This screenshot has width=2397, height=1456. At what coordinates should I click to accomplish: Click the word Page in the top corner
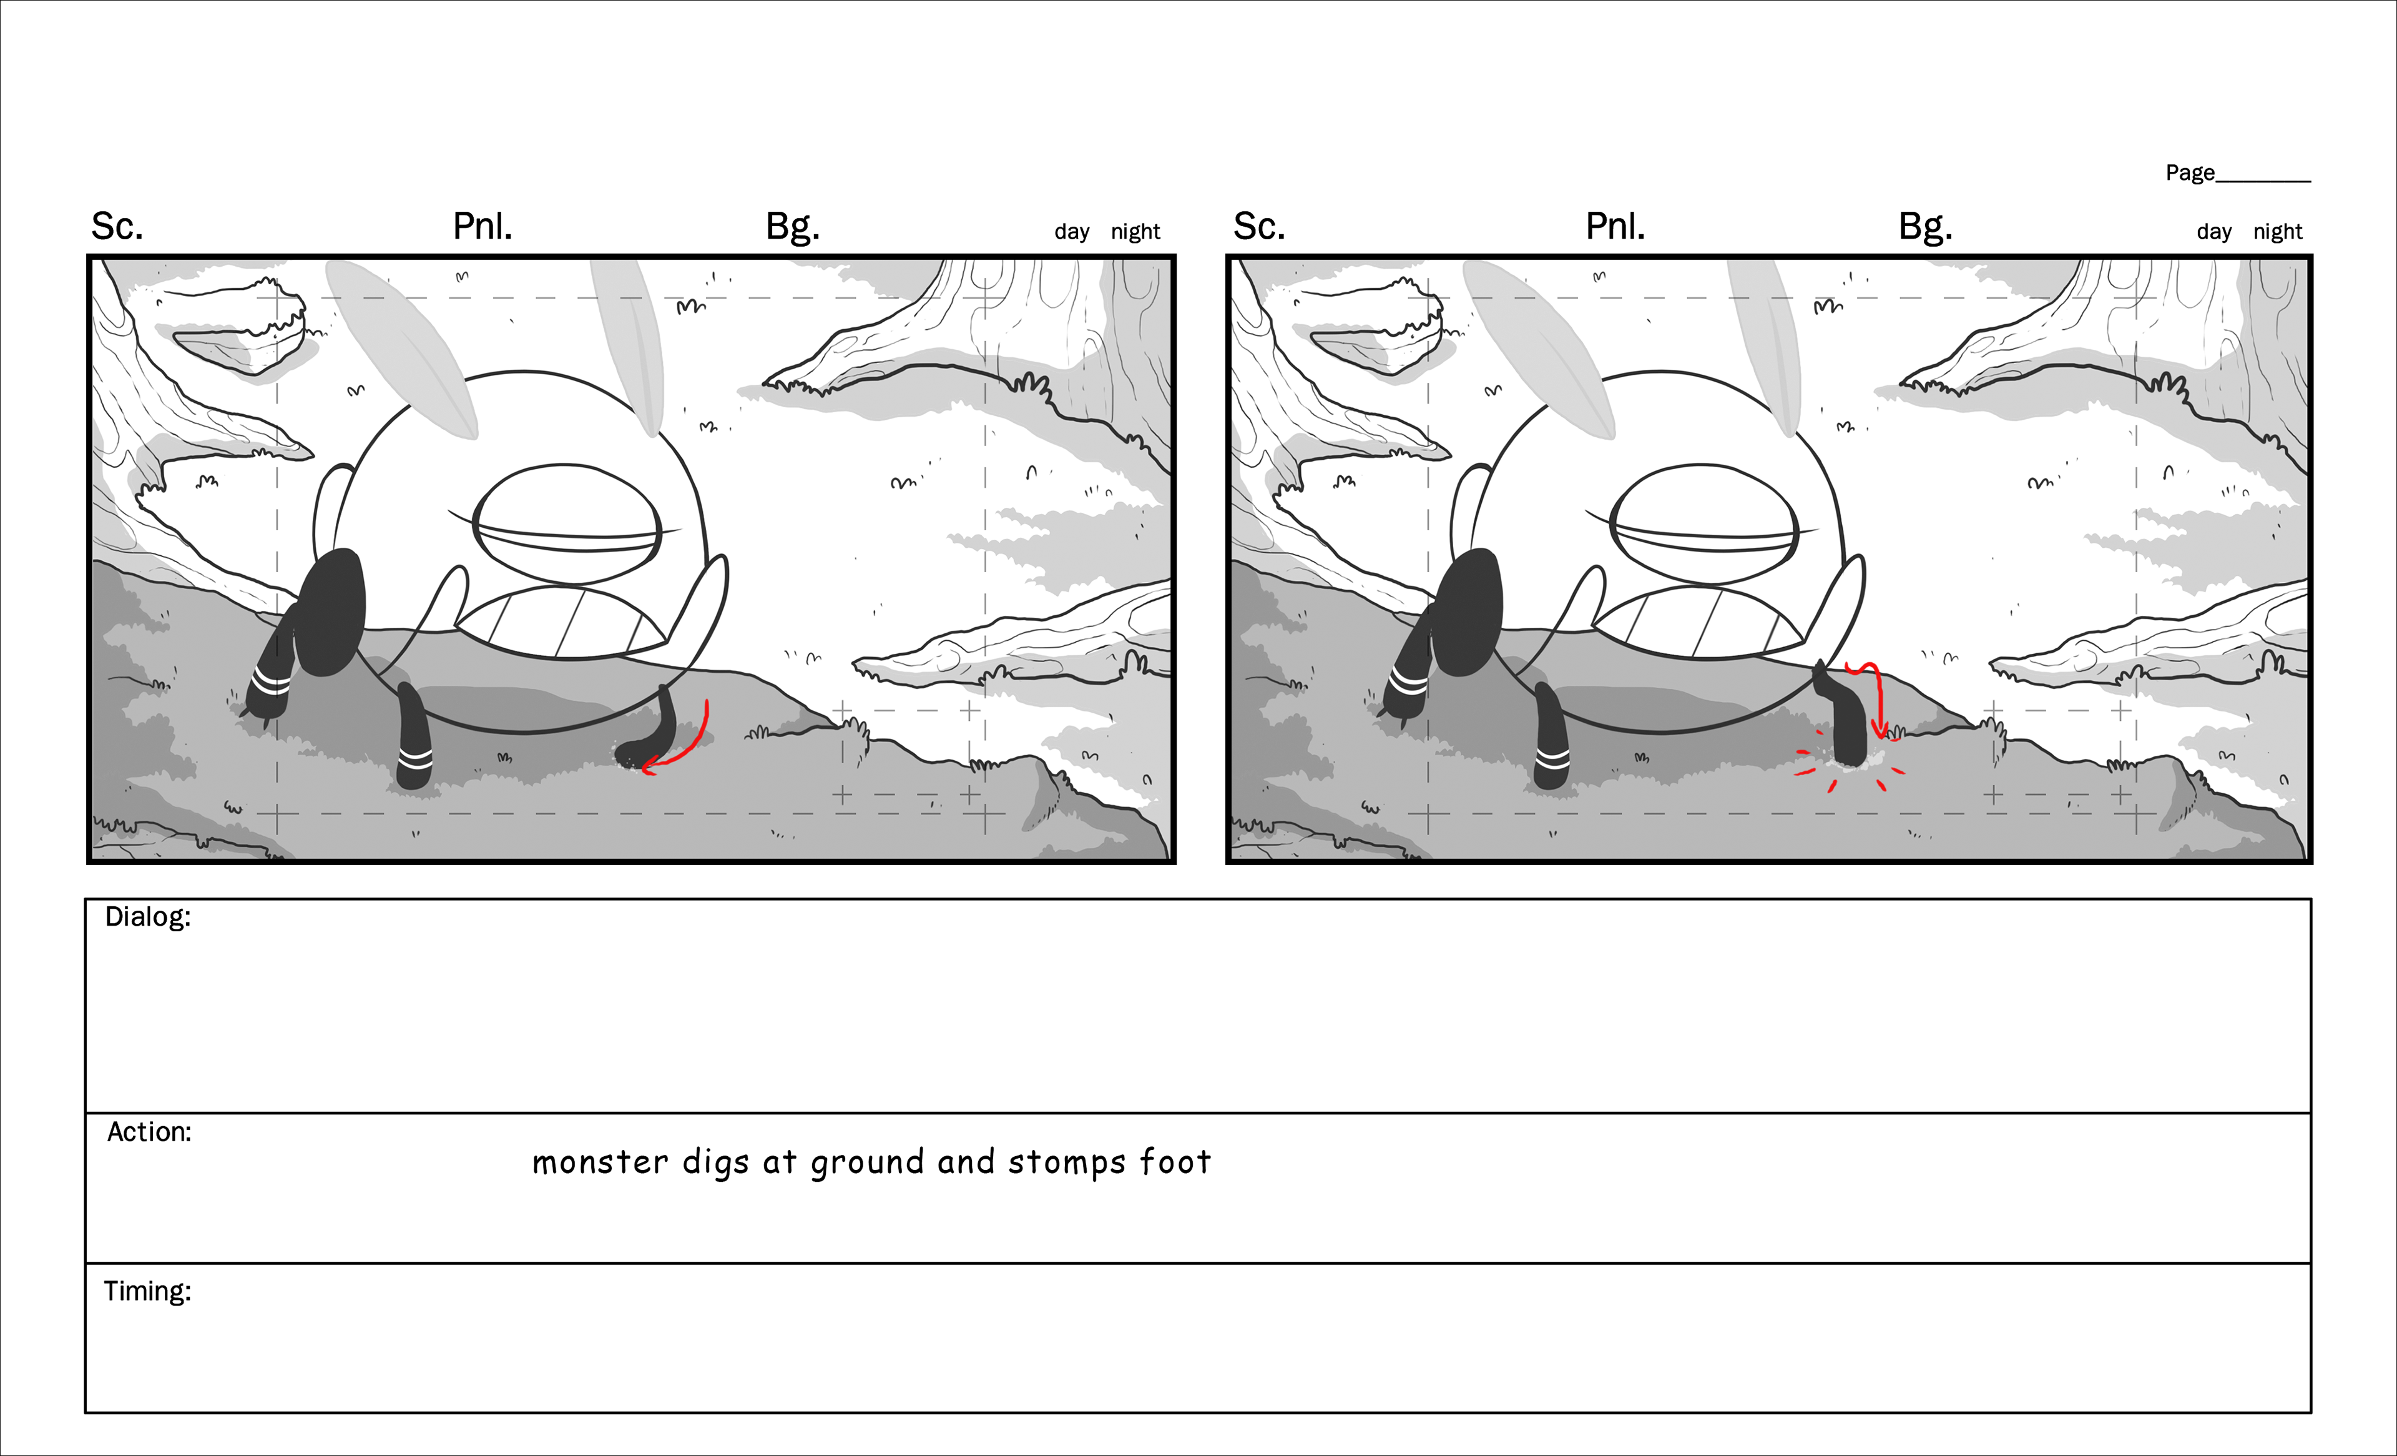pyautogui.click(x=2190, y=173)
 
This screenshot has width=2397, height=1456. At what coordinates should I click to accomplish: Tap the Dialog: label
pyautogui.click(x=148, y=918)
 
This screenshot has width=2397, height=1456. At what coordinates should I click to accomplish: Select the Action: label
pyautogui.click(x=149, y=1132)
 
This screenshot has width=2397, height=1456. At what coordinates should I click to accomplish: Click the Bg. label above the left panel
pyautogui.click(x=793, y=227)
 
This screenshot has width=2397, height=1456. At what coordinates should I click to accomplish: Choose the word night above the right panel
pyautogui.click(x=2277, y=232)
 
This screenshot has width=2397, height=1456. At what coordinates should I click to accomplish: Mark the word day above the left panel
pyautogui.click(x=1072, y=232)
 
